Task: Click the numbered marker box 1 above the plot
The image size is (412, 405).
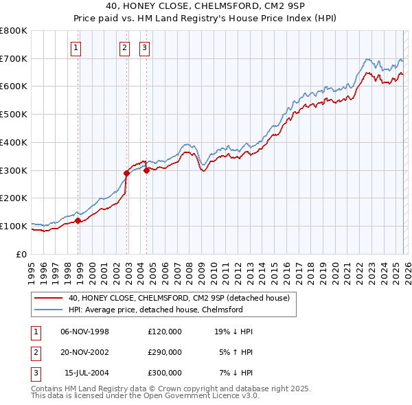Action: [75, 47]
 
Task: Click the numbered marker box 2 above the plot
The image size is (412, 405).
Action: [124, 47]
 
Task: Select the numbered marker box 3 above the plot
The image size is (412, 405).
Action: [145, 47]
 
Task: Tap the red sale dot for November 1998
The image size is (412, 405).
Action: [78, 220]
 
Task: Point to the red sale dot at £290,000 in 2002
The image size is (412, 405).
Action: [127, 173]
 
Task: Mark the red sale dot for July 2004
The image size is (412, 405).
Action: [147, 170]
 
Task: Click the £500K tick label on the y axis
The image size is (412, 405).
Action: [14, 115]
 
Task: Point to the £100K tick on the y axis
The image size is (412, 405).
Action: [14, 226]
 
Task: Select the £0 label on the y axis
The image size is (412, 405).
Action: [21, 254]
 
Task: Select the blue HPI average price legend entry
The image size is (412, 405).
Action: [155, 310]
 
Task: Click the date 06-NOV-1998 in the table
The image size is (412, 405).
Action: [84, 332]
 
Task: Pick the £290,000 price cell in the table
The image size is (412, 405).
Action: [164, 352]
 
